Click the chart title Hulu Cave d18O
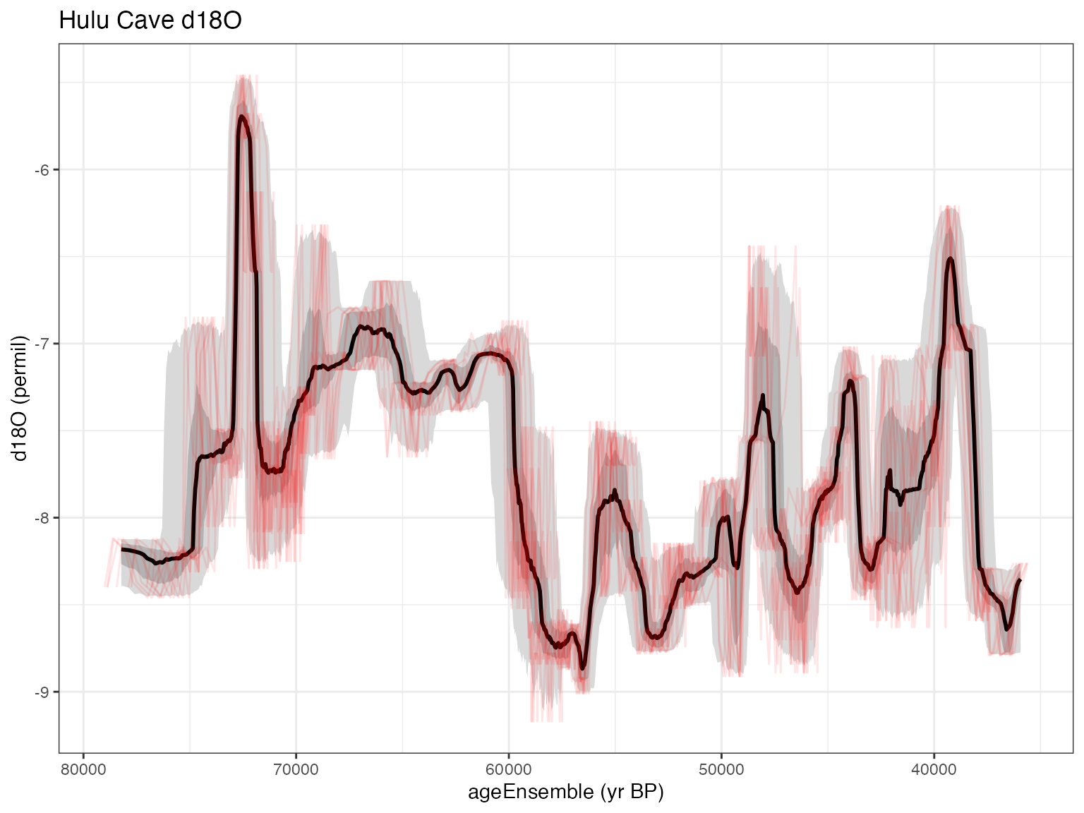(150, 21)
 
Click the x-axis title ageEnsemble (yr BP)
(566, 793)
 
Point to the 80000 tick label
(83, 768)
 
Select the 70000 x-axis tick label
(296, 768)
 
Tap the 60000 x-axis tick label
(508, 768)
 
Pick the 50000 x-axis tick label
(721, 768)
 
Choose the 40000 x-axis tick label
(934, 768)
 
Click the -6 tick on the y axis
(43, 170)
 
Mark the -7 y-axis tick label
(43, 344)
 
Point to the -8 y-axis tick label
(43, 518)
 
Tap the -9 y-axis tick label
(43, 692)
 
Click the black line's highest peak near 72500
(241, 116)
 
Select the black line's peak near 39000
(951, 259)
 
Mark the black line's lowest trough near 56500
(583, 668)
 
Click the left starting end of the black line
(122, 548)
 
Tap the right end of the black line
(1020, 579)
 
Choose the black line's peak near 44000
(850, 381)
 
